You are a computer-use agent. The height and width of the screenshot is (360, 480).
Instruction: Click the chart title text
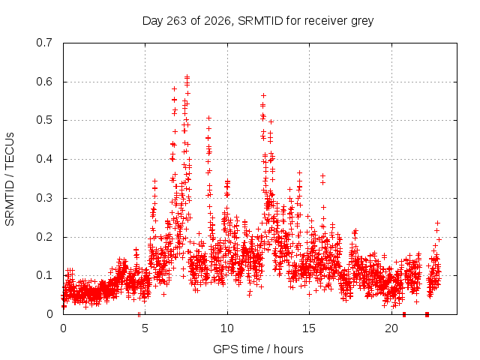tap(258, 21)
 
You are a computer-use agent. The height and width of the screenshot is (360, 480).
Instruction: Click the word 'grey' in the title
tap(362, 22)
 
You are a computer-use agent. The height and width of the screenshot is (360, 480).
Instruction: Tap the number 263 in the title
tap(176, 20)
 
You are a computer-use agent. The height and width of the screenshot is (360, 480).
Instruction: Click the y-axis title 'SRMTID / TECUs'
tap(10, 179)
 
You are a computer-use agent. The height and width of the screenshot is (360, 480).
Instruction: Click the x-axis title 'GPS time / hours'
tap(258, 349)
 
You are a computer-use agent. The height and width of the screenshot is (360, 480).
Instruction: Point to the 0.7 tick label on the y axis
tap(44, 43)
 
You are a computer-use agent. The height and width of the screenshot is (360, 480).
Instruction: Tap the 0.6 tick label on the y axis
tap(44, 82)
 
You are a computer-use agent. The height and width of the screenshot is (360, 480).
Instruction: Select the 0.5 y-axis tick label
tap(44, 120)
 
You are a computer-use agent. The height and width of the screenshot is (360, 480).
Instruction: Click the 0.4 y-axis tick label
tap(44, 159)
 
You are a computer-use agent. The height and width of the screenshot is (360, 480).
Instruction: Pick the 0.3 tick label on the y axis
tap(44, 198)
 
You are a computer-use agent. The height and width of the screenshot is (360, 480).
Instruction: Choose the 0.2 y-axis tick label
tap(44, 237)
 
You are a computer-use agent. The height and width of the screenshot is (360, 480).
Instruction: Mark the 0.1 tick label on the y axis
tap(44, 275)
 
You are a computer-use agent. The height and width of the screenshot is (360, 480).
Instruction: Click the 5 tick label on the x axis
tap(145, 328)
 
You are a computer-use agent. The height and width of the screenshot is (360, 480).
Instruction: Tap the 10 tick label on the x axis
tap(227, 328)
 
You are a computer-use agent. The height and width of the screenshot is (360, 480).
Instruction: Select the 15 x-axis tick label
tap(309, 328)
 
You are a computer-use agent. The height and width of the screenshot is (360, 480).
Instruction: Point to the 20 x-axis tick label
tap(391, 328)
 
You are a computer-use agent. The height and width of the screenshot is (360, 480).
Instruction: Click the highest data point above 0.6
tap(187, 76)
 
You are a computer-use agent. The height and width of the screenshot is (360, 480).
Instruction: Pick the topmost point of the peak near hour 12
tap(263, 96)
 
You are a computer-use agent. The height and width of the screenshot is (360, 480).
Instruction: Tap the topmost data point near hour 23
tap(438, 223)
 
